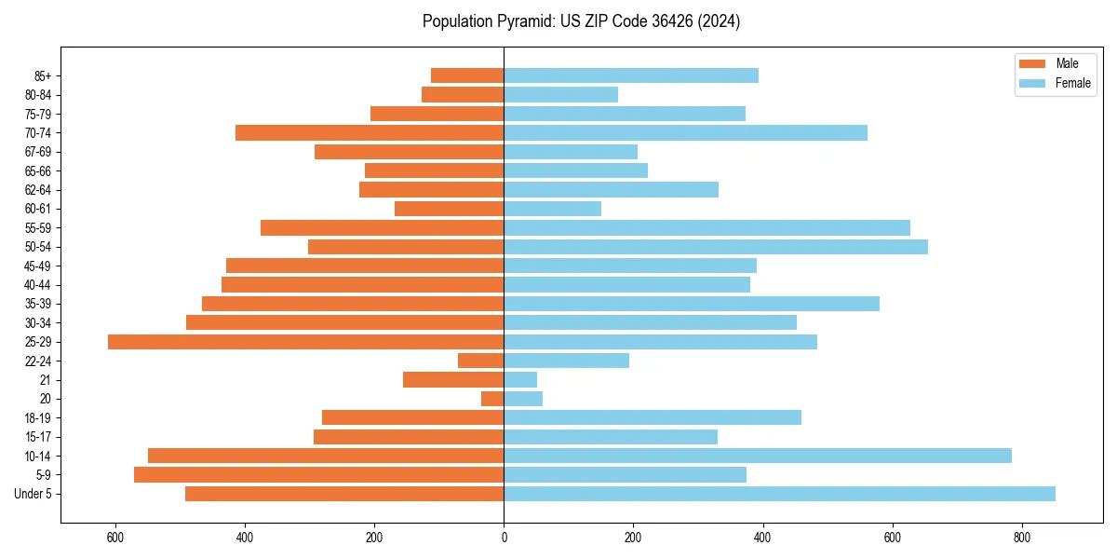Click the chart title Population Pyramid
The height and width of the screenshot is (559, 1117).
click(581, 21)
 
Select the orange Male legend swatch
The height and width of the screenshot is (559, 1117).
click(1033, 63)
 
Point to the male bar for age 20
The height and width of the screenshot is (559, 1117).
click(492, 399)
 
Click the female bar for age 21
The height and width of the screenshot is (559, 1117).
click(520, 380)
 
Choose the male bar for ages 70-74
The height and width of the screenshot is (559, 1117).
click(370, 133)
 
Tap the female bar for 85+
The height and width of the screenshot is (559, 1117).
click(631, 75)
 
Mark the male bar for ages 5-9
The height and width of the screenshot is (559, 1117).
click(318, 475)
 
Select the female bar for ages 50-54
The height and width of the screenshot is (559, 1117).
click(716, 247)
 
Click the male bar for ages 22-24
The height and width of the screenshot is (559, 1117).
click(481, 361)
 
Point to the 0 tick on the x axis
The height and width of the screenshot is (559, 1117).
click(504, 538)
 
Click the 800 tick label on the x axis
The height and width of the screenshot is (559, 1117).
click(1021, 538)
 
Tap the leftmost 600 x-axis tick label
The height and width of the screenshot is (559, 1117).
click(115, 538)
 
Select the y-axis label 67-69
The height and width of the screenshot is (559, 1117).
click(38, 152)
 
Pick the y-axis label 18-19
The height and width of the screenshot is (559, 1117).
click(38, 418)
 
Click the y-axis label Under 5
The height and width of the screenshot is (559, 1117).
click(33, 494)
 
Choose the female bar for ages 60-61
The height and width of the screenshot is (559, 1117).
click(552, 209)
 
